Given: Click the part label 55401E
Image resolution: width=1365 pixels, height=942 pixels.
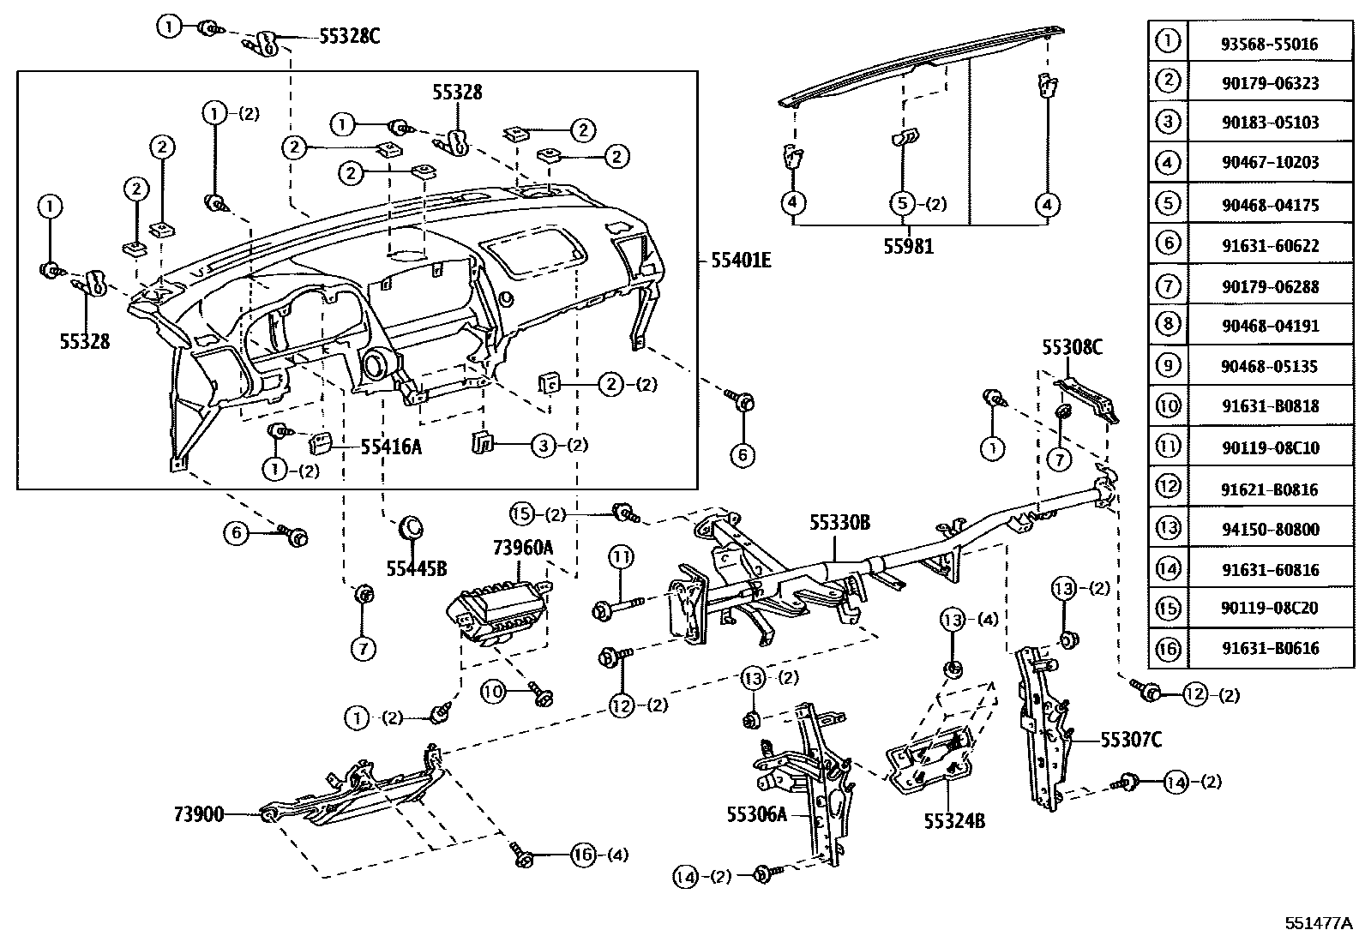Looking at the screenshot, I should (x=740, y=259).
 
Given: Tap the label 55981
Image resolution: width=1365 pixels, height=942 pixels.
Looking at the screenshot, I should (x=909, y=247).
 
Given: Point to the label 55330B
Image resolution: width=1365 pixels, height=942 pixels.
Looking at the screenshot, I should (x=839, y=522).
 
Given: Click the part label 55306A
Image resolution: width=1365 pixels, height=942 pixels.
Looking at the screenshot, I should (x=755, y=814).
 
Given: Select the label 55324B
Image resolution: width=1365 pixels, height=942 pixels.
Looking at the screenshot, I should (x=954, y=820).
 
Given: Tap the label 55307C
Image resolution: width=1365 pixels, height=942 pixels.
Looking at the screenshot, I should (x=1131, y=739).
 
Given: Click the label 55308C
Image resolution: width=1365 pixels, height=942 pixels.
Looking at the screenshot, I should (x=1072, y=347).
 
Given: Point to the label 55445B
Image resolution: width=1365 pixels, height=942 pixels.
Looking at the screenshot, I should (x=417, y=567).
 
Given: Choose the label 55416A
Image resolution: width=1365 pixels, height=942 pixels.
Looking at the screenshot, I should (x=391, y=447).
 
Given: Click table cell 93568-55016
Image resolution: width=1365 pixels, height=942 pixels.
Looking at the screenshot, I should (x=1270, y=44).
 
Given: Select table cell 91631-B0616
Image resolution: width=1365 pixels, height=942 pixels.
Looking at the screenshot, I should (x=1270, y=649).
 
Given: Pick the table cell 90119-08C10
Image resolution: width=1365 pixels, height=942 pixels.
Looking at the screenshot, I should (x=1270, y=447).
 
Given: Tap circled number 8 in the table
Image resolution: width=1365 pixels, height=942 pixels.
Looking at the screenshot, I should (x=1168, y=325).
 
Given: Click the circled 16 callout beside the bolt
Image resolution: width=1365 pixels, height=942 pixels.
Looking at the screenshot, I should (x=583, y=854).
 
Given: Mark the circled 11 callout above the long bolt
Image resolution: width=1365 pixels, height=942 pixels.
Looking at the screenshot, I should (x=621, y=558).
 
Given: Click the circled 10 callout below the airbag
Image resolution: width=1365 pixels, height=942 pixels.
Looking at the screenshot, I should (x=492, y=692).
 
